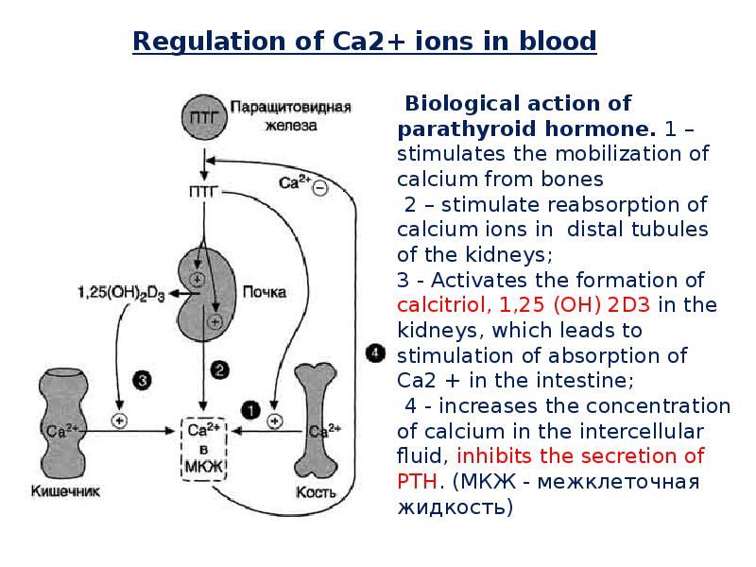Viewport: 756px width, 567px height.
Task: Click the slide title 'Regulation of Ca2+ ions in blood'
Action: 364,42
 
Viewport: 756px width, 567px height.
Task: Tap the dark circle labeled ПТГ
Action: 203,117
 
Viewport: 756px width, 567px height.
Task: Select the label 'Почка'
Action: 265,292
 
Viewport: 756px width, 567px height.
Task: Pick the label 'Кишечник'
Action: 65,491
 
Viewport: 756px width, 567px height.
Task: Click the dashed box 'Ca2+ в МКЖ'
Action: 205,449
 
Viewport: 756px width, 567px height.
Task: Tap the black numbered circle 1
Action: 249,408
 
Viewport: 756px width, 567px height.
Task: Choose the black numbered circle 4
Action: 375,352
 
